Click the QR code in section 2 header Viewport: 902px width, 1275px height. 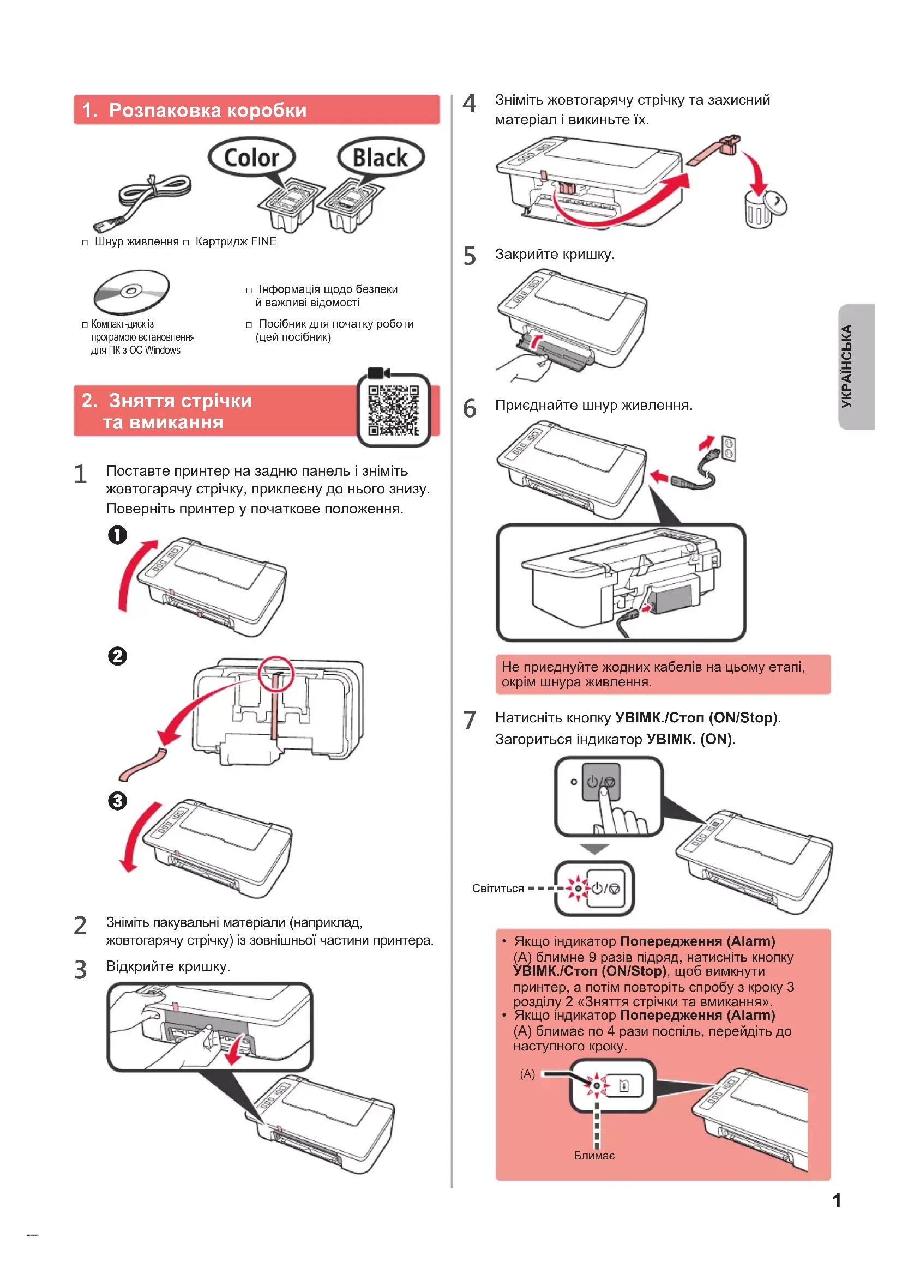tap(394, 410)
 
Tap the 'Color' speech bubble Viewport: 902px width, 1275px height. tap(251, 158)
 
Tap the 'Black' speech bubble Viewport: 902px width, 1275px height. tap(381, 158)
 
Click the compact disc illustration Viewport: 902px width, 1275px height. tap(131, 292)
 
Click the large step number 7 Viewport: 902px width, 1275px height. tap(470, 721)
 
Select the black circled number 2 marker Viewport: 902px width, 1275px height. tap(117, 656)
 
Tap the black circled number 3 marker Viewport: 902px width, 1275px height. tap(117, 801)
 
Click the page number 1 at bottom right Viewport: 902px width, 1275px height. tap(837, 1200)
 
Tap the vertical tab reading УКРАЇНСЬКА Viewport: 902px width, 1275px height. tap(857, 366)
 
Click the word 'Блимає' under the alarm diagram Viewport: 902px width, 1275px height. tap(594, 1156)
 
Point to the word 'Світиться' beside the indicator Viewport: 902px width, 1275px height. tap(498, 889)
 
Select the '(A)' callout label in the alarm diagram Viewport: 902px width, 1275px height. tap(527, 1074)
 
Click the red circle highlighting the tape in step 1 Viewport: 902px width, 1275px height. tap(276, 674)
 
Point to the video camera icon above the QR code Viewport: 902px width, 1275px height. tap(378, 373)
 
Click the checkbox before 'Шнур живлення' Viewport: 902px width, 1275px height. tap(85, 243)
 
